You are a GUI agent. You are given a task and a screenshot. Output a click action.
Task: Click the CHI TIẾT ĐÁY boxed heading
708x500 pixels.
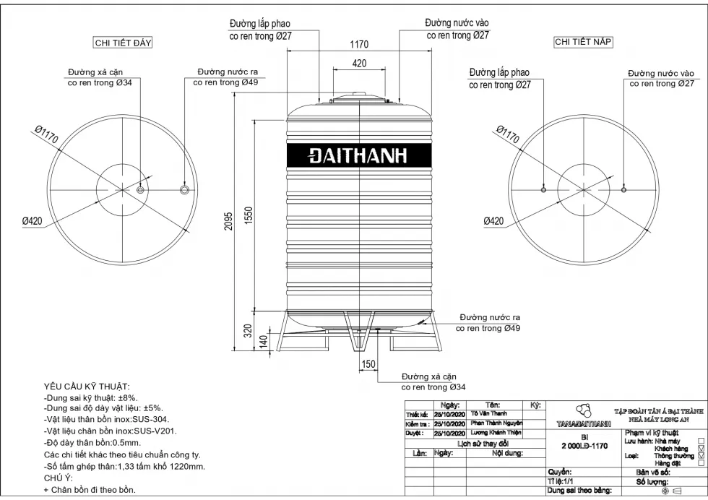tap(123, 43)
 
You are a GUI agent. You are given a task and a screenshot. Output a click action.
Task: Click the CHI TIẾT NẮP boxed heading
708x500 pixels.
tap(583, 42)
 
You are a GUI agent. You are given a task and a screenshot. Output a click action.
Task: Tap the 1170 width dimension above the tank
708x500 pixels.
tap(359, 44)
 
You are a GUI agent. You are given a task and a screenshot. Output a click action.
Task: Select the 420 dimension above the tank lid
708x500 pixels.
tap(359, 64)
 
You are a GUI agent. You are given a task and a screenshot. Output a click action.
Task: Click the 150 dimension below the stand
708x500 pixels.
tap(368, 364)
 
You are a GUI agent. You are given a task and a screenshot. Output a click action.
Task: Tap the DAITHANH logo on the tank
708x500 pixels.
tap(359, 155)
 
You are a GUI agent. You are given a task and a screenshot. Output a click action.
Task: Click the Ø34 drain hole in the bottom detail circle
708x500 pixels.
tap(140, 189)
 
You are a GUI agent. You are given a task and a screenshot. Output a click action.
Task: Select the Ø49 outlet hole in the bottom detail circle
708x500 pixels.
tap(185, 189)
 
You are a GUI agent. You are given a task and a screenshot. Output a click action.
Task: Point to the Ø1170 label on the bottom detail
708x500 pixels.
tap(45, 135)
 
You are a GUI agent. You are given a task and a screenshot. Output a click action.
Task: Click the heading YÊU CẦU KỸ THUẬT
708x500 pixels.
tap(87, 387)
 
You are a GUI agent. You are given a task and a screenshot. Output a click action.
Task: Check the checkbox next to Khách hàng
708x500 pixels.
tap(701, 449)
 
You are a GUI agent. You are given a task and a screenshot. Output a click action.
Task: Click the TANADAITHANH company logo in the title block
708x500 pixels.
tap(582, 415)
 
